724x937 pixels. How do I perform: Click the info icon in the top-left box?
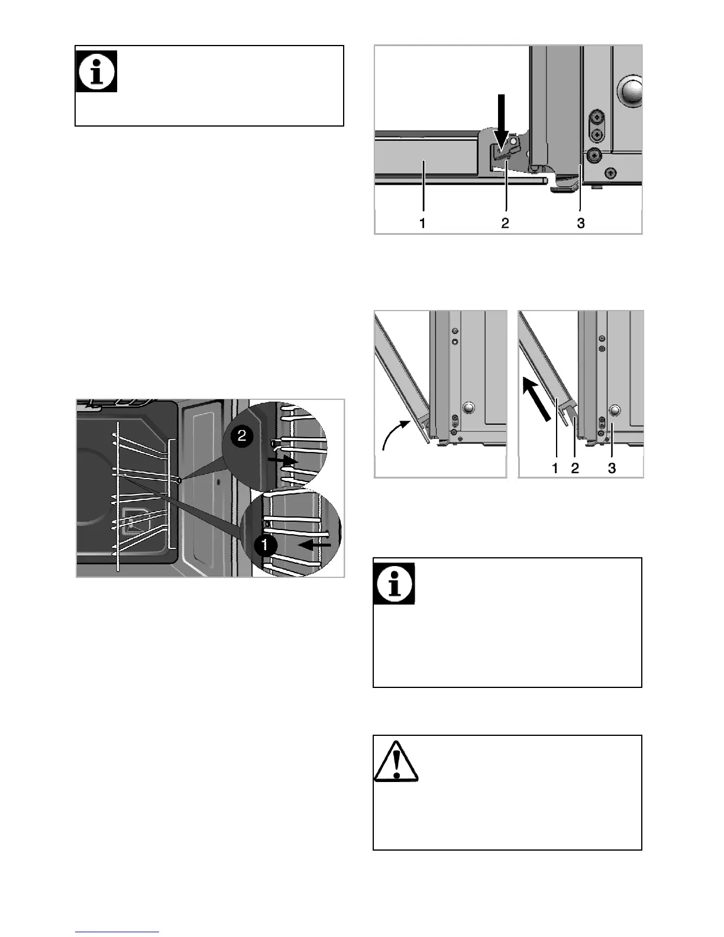[x=96, y=71]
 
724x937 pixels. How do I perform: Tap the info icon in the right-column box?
[x=394, y=583]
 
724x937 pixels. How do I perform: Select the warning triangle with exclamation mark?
[x=396, y=761]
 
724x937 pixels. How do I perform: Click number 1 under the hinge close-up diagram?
[x=422, y=223]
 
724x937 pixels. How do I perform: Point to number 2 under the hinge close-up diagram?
[x=505, y=223]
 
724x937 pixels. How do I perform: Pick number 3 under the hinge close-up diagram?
[x=581, y=223]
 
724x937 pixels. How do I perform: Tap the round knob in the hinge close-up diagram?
[x=631, y=91]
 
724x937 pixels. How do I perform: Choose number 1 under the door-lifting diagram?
[x=555, y=468]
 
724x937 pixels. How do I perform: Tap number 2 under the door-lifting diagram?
[x=574, y=468]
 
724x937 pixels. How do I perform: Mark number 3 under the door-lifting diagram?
[x=612, y=468]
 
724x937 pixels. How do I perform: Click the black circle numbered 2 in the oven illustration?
[x=242, y=437]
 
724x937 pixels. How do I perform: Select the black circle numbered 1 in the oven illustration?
[x=266, y=545]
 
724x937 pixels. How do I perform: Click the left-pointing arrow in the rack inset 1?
[x=313, y=545]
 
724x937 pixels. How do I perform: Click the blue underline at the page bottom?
[x=117, y=932]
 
